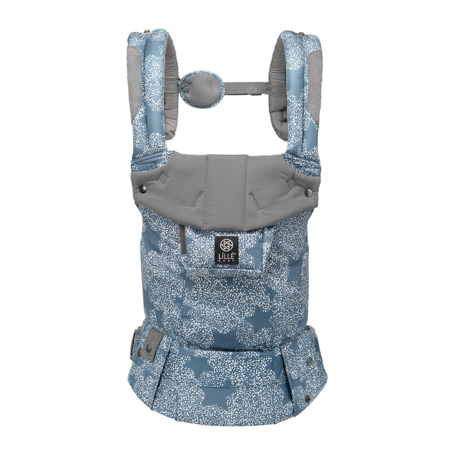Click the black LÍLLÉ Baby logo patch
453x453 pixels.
coord(226,250)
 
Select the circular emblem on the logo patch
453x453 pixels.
coord(226,245)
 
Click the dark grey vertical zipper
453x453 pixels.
coord(182,240)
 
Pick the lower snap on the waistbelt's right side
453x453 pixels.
coord(308,399)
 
